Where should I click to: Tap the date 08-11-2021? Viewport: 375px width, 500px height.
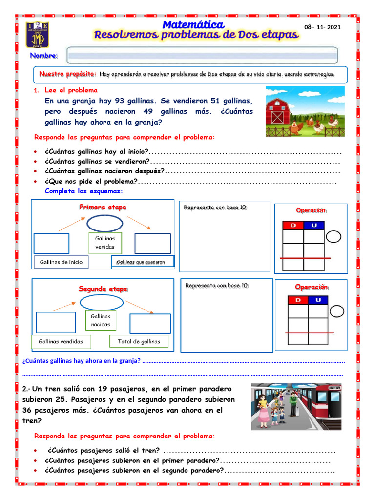[322, 27]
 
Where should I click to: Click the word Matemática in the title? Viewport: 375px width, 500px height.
[193, 24]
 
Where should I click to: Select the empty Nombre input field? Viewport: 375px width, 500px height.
[202, 55]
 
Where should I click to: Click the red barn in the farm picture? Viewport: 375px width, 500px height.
[278, 111]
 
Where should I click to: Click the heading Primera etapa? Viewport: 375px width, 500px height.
[103, 207]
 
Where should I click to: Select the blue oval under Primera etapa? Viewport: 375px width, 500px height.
[105, 224]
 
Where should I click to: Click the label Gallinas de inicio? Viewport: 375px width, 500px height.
[61, 262]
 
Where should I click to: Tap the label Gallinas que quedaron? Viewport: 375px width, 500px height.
[143, 262]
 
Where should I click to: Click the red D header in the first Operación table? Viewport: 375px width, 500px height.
[293, 225]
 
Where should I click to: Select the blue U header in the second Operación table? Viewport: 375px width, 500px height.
[318, 300]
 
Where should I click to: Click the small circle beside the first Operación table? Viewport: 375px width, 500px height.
[333, 237]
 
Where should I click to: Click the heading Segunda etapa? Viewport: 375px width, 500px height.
[103, 289]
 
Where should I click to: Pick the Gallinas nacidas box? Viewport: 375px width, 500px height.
[101, 320]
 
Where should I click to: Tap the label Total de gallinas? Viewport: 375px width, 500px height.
[139, 342]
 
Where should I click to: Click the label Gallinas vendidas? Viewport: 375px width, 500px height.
[61, 342]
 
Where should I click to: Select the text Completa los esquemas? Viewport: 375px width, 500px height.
[84, 191]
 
